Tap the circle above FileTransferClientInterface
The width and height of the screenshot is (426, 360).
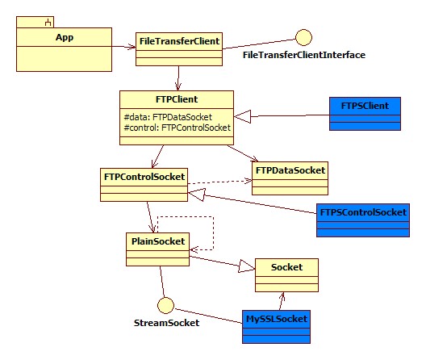pos(303,37)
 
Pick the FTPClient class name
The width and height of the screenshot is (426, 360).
pos(175,98)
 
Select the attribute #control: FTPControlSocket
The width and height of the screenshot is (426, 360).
pos(177,128)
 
